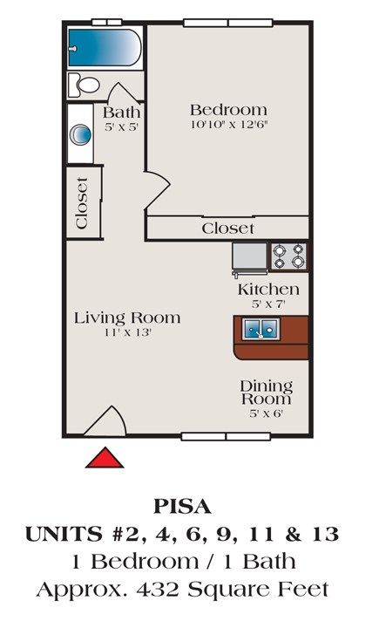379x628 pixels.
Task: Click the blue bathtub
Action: click(x=105, y=48)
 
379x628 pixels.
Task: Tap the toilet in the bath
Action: click(x=84, y=85)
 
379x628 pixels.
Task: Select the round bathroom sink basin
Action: click(x=80, y=134)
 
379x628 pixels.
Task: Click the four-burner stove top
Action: click(x=288, y=256)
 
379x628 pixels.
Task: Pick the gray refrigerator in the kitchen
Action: click(x=250, y=258)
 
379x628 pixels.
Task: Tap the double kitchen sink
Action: click(x=261, y=330)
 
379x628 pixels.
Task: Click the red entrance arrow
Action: click(x=105, y=457)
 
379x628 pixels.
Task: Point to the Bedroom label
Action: click(x=228, y=110)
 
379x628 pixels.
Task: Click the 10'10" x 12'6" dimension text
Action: click(x=229, y=125)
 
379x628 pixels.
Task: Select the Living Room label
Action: click(x=127, y=318)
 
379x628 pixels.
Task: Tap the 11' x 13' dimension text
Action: click(x=128, y=332)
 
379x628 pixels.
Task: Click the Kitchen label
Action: click(x=268, y=290)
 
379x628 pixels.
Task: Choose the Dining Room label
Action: click(x=266, y=392)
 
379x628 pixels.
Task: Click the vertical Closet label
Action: click(x=81, y=203)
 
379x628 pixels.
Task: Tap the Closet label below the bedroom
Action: click(x=227, y=229)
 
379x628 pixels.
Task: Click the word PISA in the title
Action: click(x=182, y=506)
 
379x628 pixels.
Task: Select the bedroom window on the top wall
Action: click(x=228, y=23)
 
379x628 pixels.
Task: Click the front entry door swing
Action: click(x=105, y=420)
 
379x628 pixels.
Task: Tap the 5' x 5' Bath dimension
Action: click(x=121, y=127)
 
